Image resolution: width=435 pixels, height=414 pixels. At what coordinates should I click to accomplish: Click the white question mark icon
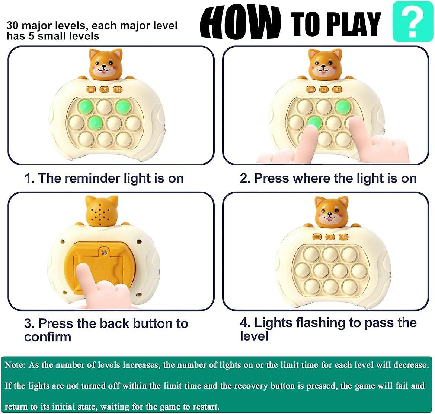[x=412, y=22]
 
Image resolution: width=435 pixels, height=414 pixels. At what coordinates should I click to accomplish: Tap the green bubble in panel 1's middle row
[x=95, y=121]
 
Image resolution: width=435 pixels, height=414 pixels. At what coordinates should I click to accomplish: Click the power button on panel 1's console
[x=104, y=89]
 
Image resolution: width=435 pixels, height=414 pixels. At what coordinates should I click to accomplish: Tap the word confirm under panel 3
[x=48, y=337]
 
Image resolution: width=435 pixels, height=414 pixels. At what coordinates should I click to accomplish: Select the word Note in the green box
[x=14, y=365]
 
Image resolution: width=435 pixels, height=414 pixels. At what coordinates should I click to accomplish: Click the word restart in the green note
[x=205, y=406]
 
